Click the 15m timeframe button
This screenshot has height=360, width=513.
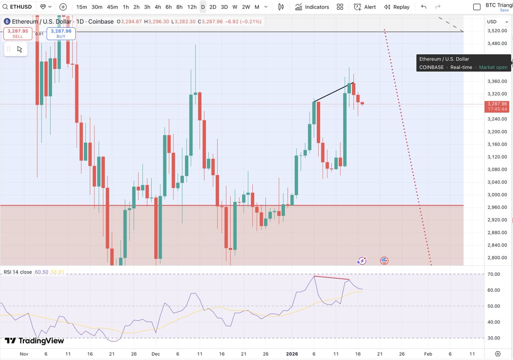pyautogui.click(x=82, y=7)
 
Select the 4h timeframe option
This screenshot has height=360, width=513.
pyautogui.click(x=158, y=7)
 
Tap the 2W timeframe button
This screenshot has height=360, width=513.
pyautogui.click(x=246, y=7)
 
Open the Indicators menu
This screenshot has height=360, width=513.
pyautogui.click(x=311, y=7)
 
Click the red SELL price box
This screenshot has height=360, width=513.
pyautogui.click(x=18, y=33)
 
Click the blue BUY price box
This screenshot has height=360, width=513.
pyautogui.click(x=61, y=33)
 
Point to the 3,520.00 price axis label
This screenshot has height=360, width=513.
pyautogui.click(x=497, y=31)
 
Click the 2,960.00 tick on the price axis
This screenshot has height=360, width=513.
pyautogui.click(x=497, y=207)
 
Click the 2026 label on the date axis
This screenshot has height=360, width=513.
pyautogui.click(x=292, y=354)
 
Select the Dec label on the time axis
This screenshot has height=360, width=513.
pyautogui.click(x=155, y=354)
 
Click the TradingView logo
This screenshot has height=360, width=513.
pyautogui.click(x=34, y=341)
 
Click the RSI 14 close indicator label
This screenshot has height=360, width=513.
pyautogui.click(x=18, y=272)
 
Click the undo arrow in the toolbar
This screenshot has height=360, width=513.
pyautogui.click(x=424, y=7)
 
